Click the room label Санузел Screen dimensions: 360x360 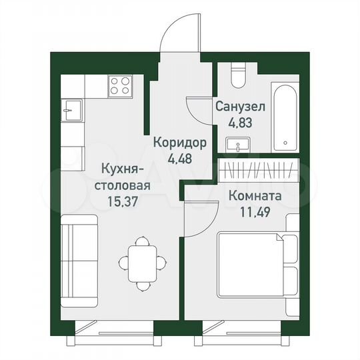click(x=239, y=106)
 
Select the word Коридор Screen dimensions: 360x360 click(x=179, y=143)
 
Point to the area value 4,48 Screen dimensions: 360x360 click(x=178, y=158)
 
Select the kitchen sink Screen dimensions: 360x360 click(x=71, y=109)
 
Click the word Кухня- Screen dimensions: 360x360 click(x=121, y=168)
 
